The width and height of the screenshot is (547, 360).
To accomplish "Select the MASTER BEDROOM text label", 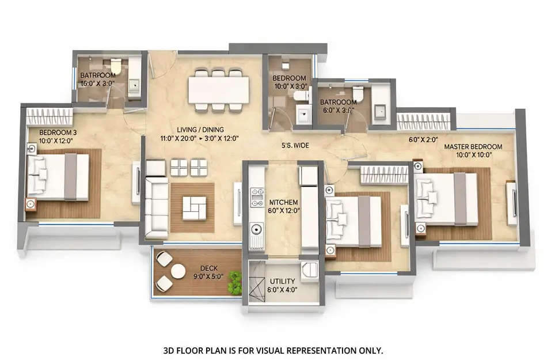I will pos(473,147).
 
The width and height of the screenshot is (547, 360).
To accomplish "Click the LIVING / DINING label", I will pos(201,130).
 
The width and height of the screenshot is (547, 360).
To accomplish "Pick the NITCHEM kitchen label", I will pos(283,202).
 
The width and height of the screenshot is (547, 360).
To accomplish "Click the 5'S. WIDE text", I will pos(295,146).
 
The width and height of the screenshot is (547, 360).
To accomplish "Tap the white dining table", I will pos(218,90).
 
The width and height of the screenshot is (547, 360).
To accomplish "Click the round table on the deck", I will pos(178,271).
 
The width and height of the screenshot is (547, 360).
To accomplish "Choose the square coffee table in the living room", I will pos(194,207).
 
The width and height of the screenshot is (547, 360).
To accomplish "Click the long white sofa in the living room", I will pos(155,207).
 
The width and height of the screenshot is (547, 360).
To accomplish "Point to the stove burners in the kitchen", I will pos(256,196).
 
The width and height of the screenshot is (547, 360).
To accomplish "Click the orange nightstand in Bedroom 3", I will pos(31,204).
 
